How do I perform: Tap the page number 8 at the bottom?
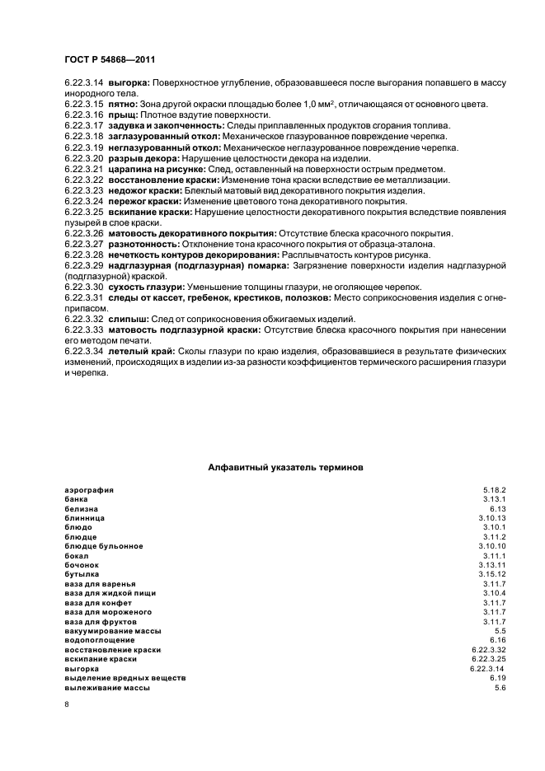pos(67,704)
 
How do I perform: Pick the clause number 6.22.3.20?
pos(83,157)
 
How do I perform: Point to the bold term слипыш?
pos(126,319)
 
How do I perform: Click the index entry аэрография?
pos(88,489)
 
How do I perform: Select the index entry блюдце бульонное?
pos(103,546)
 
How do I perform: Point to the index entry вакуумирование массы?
pos(112,631)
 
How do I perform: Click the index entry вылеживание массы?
pos(106,687)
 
